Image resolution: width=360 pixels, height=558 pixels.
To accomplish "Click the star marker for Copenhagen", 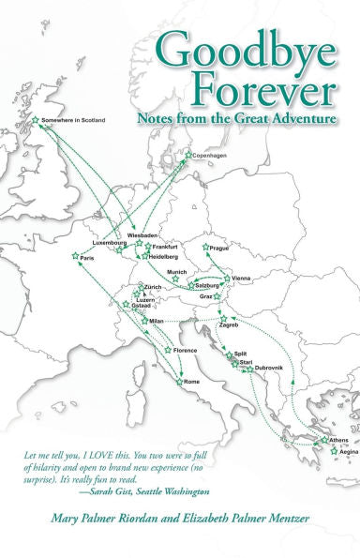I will pos(188,155).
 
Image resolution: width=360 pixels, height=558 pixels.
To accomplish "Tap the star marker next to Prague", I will pos(206,248).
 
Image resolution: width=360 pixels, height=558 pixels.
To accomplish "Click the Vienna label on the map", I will pos(241,279).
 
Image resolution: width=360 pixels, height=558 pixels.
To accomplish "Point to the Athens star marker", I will pos(324,440).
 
